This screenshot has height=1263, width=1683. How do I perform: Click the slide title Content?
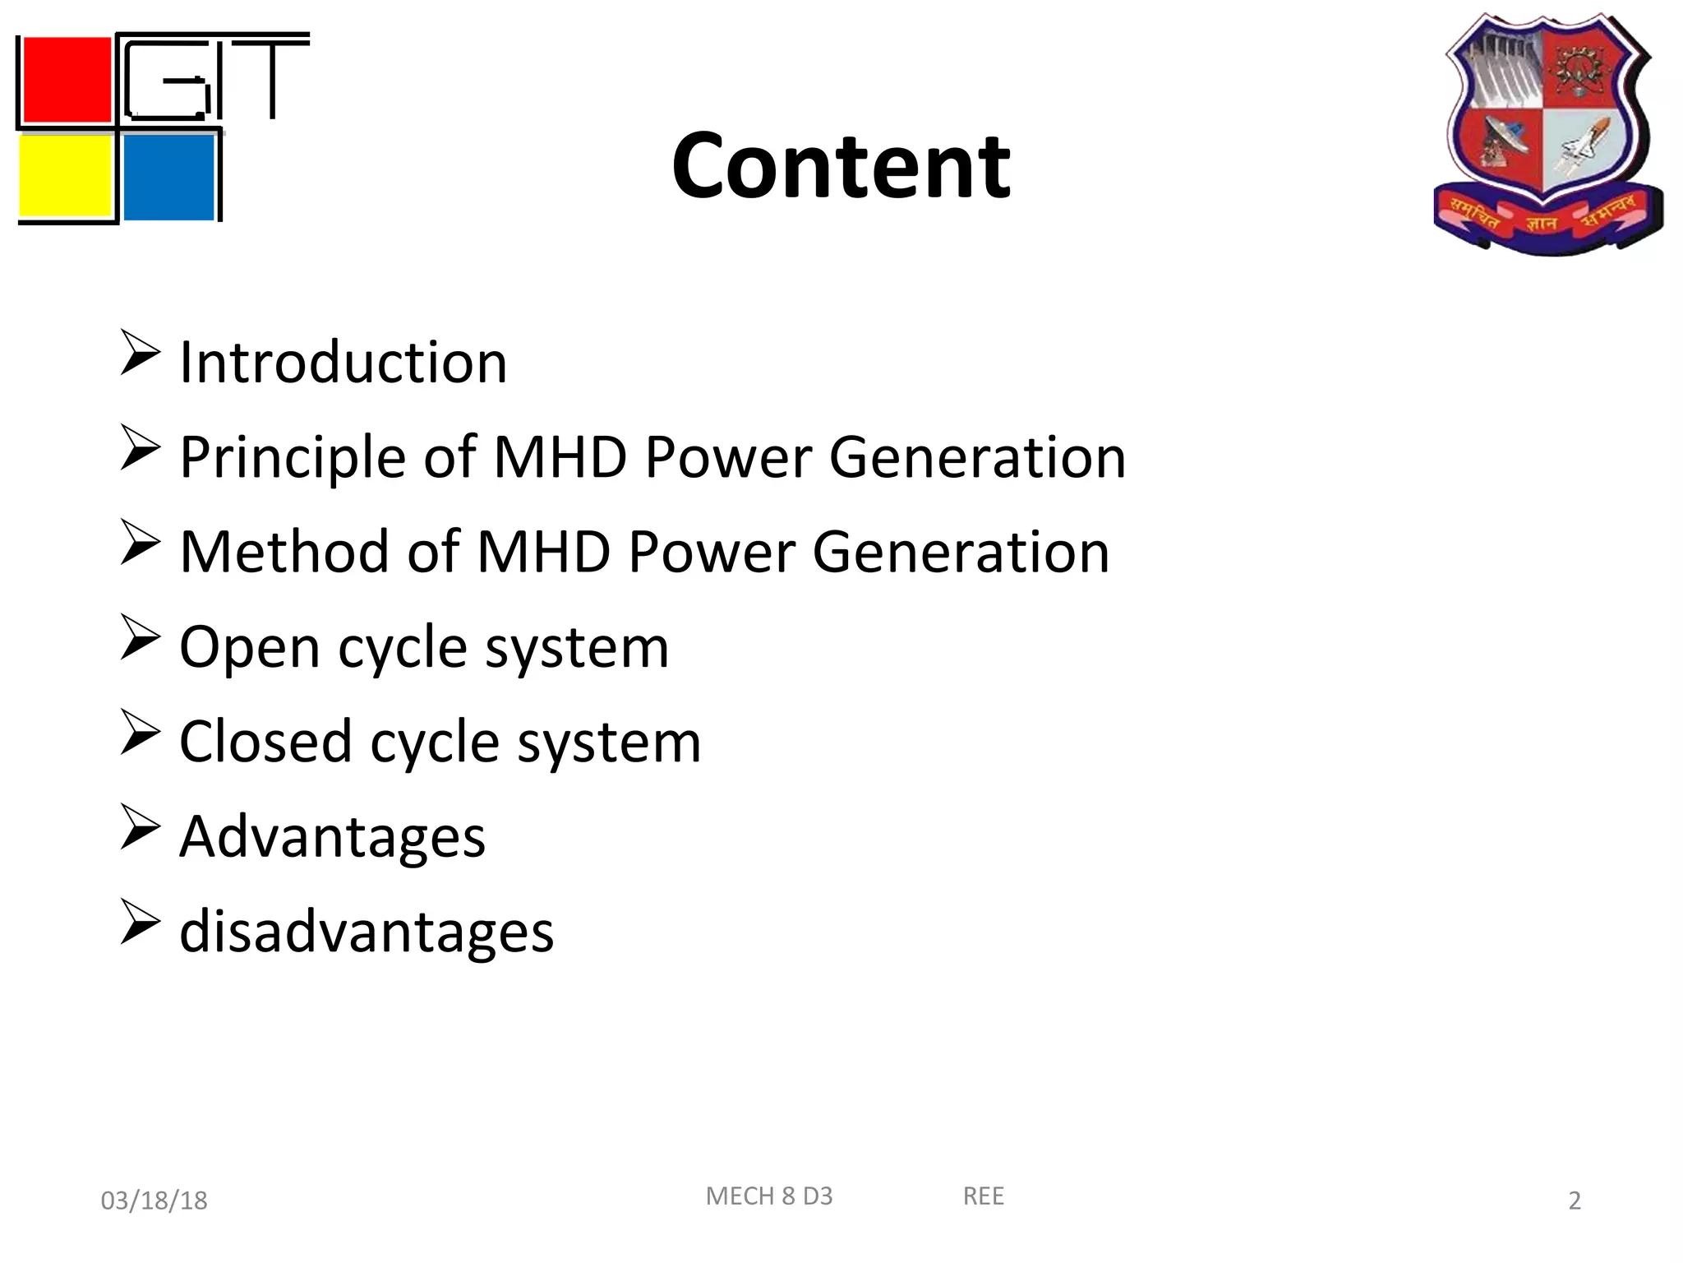[x=841, y=167]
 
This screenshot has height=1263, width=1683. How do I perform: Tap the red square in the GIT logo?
[x=67, y=80]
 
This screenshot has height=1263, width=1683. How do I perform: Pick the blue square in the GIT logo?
[x=168, y=177]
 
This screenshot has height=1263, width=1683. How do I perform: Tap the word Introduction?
[x=344, y=363]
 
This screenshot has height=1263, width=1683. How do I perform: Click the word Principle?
[x=293, y=457]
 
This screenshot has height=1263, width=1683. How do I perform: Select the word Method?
[x=284, y=552]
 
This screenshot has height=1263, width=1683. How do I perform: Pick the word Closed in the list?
[x=265, y=742]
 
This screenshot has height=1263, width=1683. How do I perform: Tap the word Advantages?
[x=332, y=837]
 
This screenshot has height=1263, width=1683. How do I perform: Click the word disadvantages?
[x=367, y=932]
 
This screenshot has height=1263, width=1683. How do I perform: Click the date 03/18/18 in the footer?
[x=154, y=1201]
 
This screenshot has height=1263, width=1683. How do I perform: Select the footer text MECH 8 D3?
[x=769, y=1196]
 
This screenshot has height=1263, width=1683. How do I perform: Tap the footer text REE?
[x=983, y=1196]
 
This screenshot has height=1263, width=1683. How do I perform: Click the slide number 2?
[x=1575, y=1201]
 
